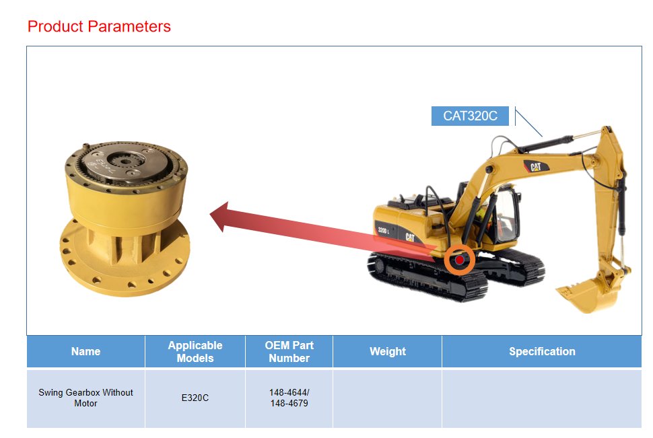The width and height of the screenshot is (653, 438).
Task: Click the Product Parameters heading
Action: tap(99, 26)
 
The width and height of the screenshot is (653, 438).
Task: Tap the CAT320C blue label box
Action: tap(470, 116)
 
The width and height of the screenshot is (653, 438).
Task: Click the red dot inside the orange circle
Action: tap(459, 260)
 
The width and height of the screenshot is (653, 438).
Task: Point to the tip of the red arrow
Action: tap(210, 215)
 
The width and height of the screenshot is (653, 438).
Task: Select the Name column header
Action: tap(85, 351)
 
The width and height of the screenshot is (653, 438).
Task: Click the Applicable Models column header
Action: tap(195, 351)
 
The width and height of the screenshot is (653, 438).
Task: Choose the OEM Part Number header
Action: tap(289, 351)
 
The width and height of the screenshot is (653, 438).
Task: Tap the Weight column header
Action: tap(387, 351)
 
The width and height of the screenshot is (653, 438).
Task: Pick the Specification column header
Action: tap(542, 351)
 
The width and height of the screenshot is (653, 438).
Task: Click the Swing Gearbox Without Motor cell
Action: tap(85, 398)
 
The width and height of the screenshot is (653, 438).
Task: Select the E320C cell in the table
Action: tap(195, 398)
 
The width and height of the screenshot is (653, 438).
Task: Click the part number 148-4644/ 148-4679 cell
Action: tap(289, 398)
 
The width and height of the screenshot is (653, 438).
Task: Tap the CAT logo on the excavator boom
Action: tap(536, 167)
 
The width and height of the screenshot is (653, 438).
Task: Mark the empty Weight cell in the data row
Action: tap(387, 398)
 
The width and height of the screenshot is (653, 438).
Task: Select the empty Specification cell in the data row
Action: tap(542, 398)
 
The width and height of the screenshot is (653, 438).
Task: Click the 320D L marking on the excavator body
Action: tap(383, 230)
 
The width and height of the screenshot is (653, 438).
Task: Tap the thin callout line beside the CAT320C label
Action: tap(528, 122)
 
